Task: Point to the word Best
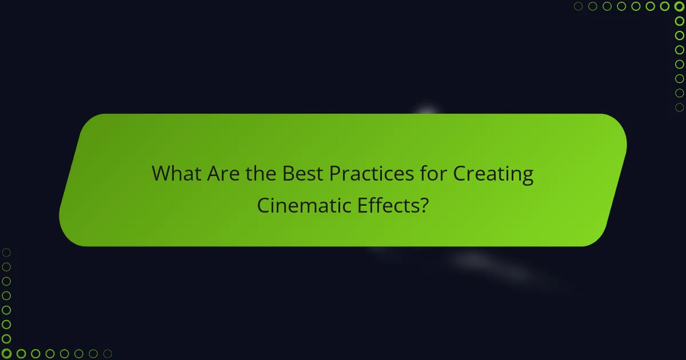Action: click(x=302, y=174)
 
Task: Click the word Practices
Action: click(x=372, y=174)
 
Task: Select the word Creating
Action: click(x=493, y=174)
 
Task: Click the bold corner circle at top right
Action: click(x=679, y=6)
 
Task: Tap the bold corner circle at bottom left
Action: click(x=7, y=354)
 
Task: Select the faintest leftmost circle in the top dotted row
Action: click(x=579, y=6)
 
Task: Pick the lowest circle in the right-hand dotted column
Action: click(x=679, y=107)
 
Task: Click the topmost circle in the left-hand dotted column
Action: click(x=7, y=253)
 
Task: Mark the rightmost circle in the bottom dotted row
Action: click(x=107, y=354)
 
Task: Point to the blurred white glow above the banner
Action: click(x=426, y=111)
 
